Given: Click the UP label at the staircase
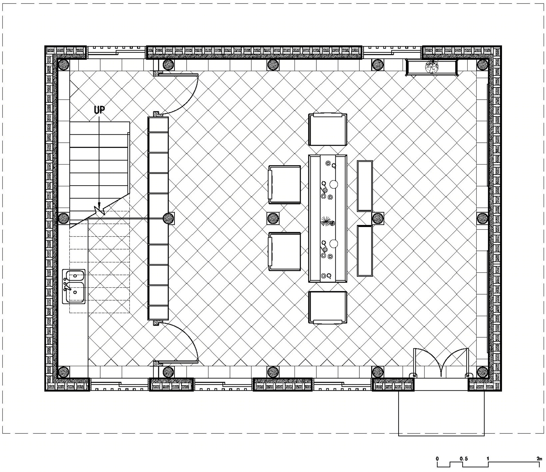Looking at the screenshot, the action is pos(100,110).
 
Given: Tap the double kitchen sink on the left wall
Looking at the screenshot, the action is pos(74,286).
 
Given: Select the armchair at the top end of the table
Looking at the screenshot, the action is pos(328,130).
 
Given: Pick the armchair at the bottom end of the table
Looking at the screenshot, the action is pos(328,307).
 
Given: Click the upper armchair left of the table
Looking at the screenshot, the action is pos(285,185).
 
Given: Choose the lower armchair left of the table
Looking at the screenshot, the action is pos(285,251).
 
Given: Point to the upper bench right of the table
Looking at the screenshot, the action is pos(365,186).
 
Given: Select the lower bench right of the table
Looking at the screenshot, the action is pos(365,251).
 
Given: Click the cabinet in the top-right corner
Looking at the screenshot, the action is pos(431,67).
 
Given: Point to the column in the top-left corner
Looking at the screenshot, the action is pos(63,65).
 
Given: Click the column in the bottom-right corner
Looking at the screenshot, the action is pos(482,372).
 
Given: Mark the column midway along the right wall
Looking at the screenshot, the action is pos(482,218).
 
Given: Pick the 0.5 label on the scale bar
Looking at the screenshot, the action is pos(463,459).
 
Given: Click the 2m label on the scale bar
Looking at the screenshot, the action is pos(539,459).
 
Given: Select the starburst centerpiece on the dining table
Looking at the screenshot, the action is pos(328,222).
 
